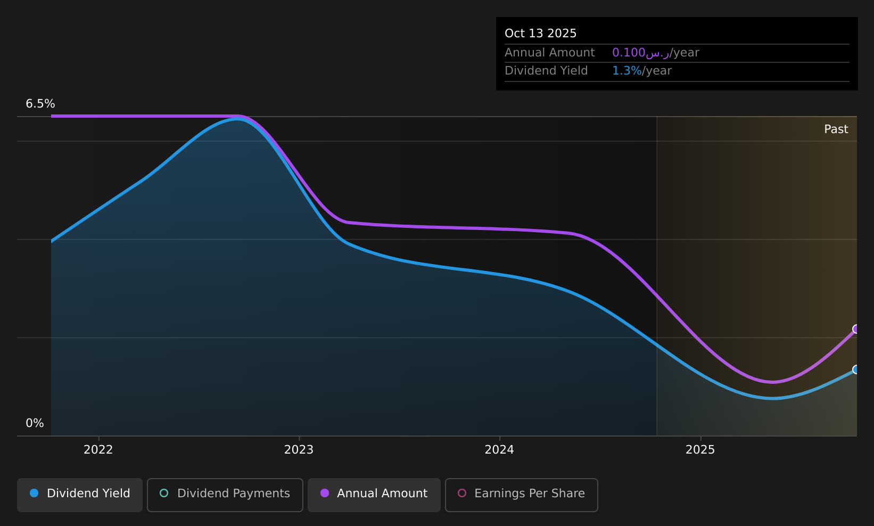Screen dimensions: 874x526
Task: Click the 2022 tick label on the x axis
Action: tap(98, 450)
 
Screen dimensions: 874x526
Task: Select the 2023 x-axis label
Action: tap(299, 450)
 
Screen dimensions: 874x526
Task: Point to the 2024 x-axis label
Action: tap(499, 450)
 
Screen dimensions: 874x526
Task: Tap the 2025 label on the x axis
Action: tap(700, 450)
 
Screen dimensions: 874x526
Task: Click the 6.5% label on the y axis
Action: tap(40, 104)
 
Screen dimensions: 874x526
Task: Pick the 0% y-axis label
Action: tap(35, 423)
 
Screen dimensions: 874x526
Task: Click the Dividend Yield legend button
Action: tap(80, 495)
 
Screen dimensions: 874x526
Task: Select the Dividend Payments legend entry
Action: tap(225, 495)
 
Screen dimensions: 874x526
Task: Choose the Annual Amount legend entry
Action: tap(374, 495)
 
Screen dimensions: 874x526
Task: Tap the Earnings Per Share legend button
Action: tap(521, 495)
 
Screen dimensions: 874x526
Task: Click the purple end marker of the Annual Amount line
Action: tap(856, 329)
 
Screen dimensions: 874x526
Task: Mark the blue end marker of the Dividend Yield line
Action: tap(856, 369)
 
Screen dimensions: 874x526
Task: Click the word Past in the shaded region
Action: tap(836, 129)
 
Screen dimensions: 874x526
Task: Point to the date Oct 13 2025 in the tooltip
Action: tap(540, 34)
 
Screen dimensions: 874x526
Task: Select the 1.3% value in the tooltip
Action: tap(626, 71)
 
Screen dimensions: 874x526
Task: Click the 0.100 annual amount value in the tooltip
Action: tap(629, 53)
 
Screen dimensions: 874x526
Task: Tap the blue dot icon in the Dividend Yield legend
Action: tap(34, 493)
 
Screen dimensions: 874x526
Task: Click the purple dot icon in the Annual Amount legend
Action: tap(324, 493)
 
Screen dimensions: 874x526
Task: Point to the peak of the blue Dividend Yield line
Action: tap(237, 119)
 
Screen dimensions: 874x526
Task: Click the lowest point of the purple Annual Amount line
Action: tap(772, 382)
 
